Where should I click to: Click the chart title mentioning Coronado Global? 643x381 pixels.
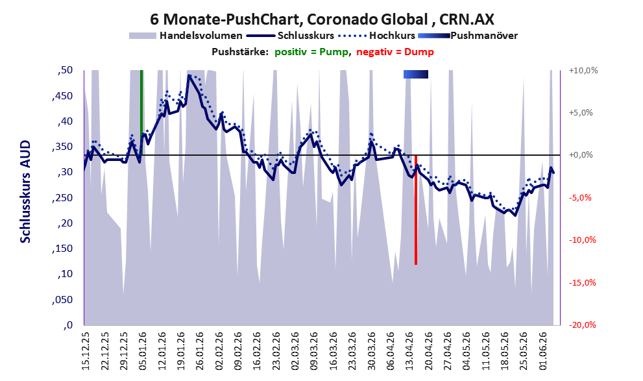322,19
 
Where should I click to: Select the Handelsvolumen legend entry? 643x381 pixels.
186,36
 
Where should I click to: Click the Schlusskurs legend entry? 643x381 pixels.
290,36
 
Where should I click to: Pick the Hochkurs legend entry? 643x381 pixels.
377,36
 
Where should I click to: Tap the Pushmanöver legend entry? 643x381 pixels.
468,36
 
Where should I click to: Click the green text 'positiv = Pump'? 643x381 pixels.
312,52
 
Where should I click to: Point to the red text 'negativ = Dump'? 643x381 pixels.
395,52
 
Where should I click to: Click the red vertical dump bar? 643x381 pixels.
416,210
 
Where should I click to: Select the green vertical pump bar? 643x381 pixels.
141,112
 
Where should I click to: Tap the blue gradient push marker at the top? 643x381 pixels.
416,74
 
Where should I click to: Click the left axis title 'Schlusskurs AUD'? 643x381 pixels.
25,191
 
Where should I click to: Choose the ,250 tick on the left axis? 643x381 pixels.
63,198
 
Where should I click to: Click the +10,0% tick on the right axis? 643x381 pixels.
583,71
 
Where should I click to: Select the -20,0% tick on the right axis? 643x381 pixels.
583,325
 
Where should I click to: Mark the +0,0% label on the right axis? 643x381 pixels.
581,155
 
